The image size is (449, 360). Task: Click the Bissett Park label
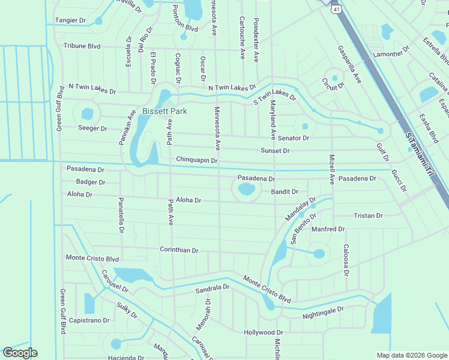pyautogui.click(x=164, y=111)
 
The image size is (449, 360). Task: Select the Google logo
pyautogui.click(x=20, y=353)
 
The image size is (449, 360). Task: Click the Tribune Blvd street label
pyautogui.click(x=82, y=46)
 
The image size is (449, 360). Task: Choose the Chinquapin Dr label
pyautogui.click(x=196, y=160)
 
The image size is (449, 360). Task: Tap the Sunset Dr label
pyautogui.click(x=275, y=151)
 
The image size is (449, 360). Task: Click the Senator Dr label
pyautogui.click(x=293, y=138)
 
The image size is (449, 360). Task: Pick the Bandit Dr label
pyautogui.click(x=285, y=191)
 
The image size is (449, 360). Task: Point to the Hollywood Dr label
pyautogui.click(x=263, y=332)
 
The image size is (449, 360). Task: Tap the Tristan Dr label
pyautogui.click(x=368, y=215)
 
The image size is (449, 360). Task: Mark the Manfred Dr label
pyautogui.click(x=328, y=229)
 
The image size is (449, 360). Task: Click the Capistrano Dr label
pyautogui.click(x=89, y=320)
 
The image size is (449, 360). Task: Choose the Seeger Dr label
pyautogui.click(x=92, y=128)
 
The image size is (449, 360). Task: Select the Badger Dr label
pyautogui.click(x=91, y=182)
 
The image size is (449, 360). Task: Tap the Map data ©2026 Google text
pyautogui.click(x=411, y=355)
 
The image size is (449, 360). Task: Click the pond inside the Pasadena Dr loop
pyautogui.click(x=246, y=190)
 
